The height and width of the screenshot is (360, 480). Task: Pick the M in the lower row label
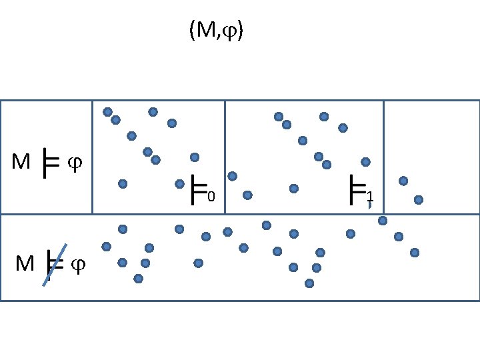(25, 265)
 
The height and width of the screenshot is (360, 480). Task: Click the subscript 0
(210, 197)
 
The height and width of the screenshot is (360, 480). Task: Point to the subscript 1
(370, 197)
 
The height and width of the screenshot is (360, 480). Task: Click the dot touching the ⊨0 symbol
(179, 183)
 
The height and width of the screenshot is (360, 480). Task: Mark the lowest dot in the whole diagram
(309, 283)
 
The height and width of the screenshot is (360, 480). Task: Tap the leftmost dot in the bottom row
(106, 247)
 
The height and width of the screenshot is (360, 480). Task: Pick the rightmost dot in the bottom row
(415, 252)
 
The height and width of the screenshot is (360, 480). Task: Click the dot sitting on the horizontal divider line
(383, 220)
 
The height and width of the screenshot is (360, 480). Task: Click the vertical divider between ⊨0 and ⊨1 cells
(225, 157)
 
